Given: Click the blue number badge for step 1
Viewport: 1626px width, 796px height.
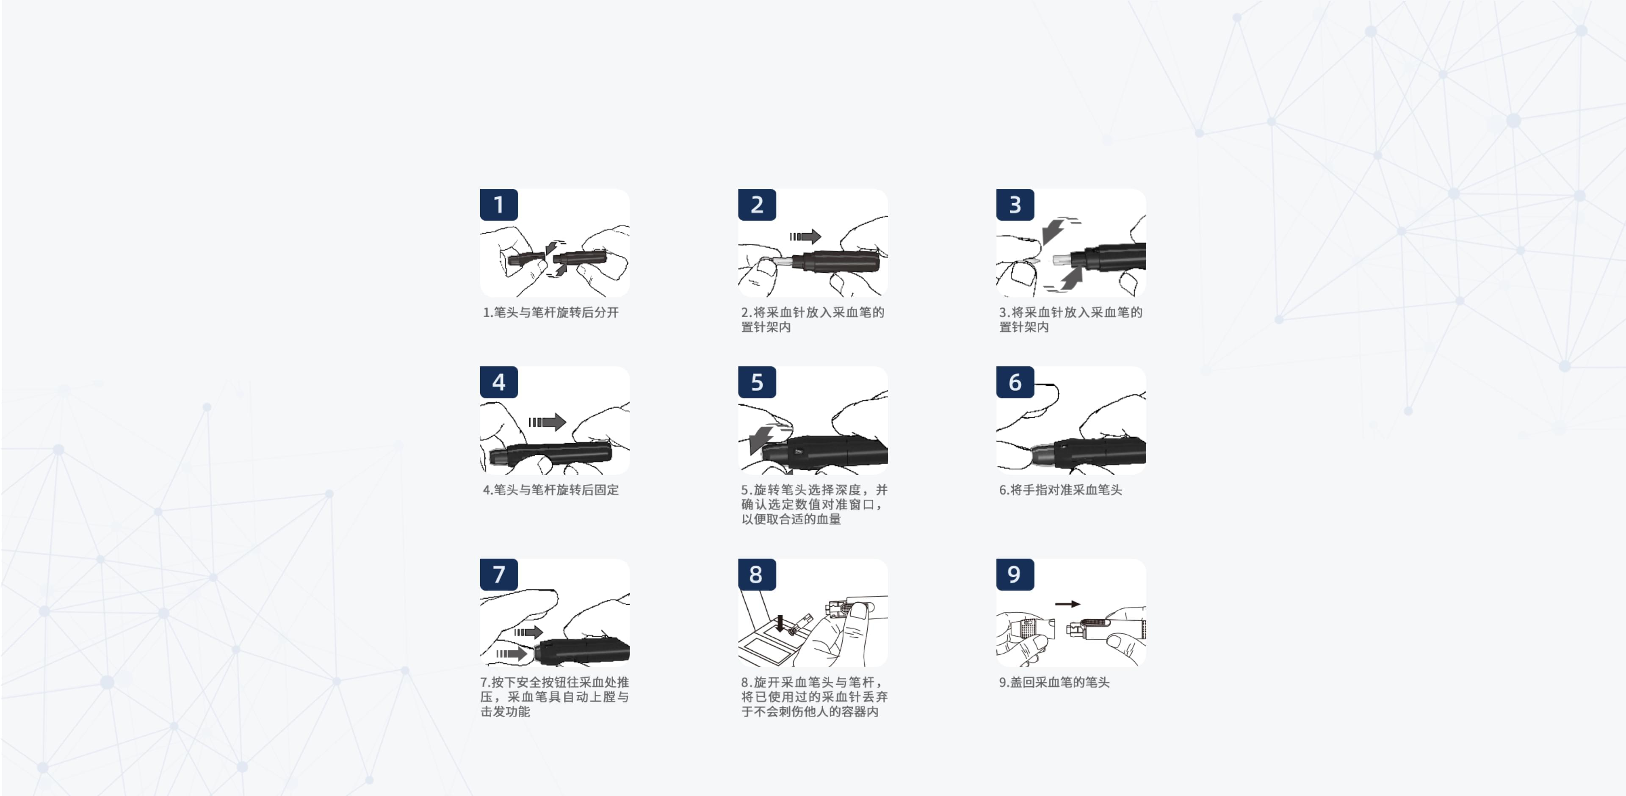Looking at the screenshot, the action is coord(499,205).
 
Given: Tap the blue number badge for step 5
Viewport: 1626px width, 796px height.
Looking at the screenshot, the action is coord(757,382).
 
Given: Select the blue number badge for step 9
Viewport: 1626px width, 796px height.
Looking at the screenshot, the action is coord(1015,575).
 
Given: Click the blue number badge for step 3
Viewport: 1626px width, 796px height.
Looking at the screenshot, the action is coord(1015,205).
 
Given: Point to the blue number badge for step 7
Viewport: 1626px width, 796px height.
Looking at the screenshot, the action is coord(499,575).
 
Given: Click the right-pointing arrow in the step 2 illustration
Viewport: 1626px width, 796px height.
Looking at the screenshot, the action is coord(805,237).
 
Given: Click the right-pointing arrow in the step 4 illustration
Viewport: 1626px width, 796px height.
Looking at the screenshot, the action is coord(547,422).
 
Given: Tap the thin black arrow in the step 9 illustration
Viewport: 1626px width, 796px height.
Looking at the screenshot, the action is coord(1067,604).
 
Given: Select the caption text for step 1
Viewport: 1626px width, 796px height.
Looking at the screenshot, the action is coord(550,312).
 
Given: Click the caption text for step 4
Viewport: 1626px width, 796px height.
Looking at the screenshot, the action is coord(550,490).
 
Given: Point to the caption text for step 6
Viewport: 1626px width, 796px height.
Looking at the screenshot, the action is coord(1060,490).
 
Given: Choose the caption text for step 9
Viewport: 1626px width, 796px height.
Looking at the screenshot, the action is coord(1054,683).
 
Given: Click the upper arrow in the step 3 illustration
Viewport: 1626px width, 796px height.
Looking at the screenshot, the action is coord(1054,230).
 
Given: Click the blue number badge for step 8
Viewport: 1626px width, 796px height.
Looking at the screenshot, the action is coord(757,575).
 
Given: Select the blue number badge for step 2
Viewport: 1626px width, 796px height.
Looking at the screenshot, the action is coord(757,205).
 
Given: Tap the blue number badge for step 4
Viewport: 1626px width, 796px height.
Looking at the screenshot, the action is coord(499,382).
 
